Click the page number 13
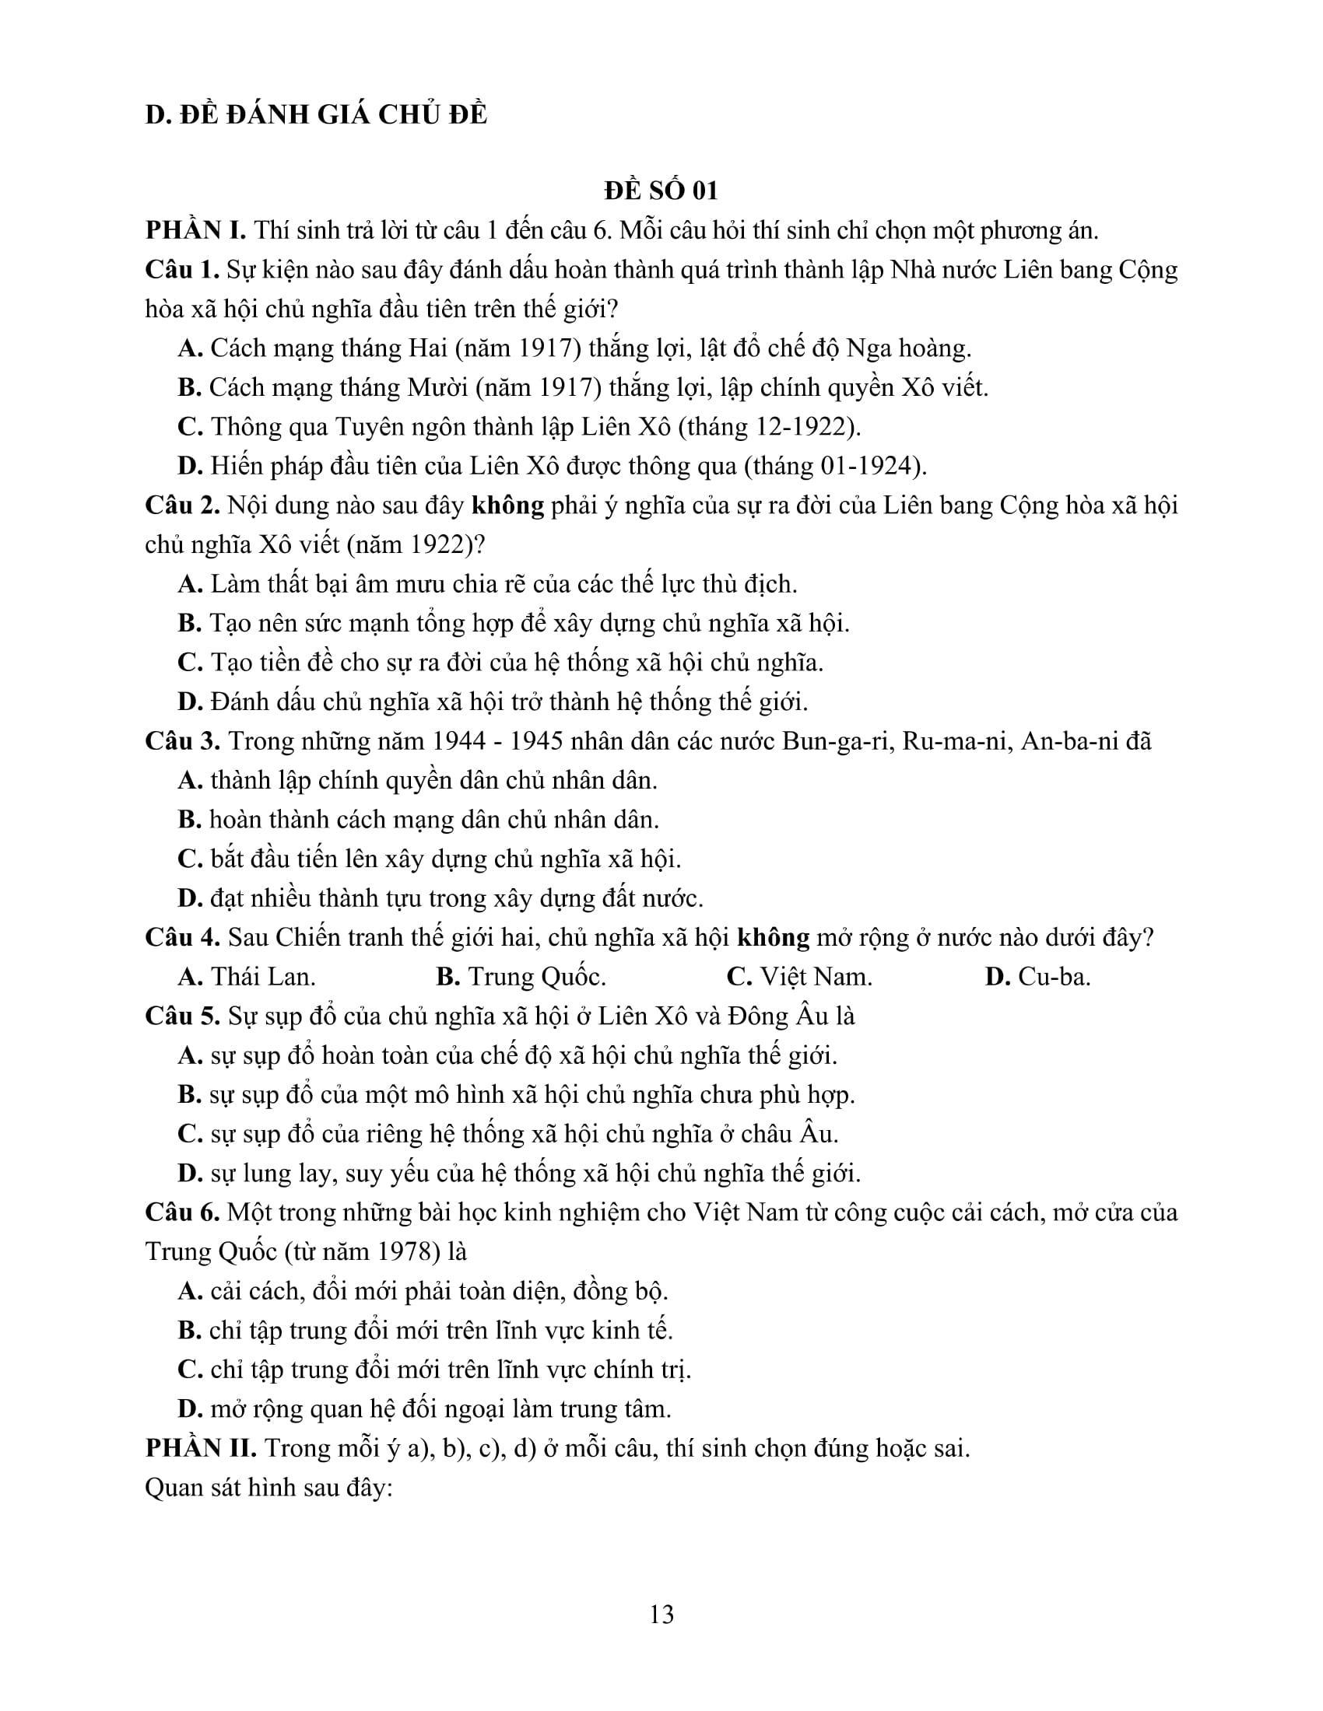(661, 1615)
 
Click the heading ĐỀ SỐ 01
(661, 191)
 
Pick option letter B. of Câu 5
(191, 1094)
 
